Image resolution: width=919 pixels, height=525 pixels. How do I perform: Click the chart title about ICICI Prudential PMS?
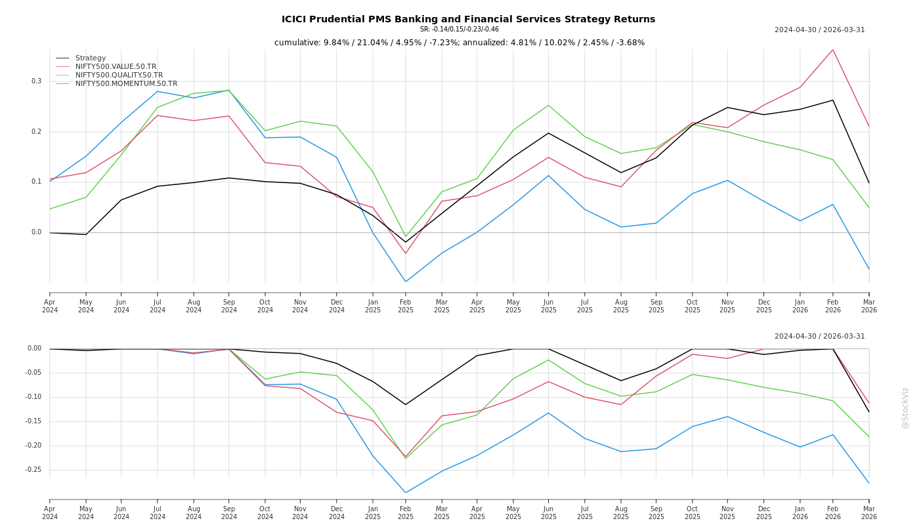[x=468, y=19]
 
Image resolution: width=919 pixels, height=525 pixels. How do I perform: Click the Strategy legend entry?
[x=91, y=58]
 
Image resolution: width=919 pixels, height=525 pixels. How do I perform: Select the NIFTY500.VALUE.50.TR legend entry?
[x=116, y=67]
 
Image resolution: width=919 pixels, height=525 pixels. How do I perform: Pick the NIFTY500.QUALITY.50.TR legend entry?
[x=119, y=75]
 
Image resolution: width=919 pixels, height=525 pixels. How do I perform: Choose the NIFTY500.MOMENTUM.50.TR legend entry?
[x=126, y=84]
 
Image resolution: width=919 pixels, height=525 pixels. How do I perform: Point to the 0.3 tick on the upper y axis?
[x=36, y=81]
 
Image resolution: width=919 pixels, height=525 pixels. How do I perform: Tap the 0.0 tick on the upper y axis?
[x=36, y=232]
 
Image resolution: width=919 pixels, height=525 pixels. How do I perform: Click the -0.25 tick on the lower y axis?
[x=33, y=470]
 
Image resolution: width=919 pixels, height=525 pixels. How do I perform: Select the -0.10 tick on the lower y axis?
[x=33, y=397]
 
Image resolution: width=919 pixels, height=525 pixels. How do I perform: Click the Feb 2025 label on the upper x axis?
[x=406, y=306]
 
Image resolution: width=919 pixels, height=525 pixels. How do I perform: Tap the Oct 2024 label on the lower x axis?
[x=265, y=513]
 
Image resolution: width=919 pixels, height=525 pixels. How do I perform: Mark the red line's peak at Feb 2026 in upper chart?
[x=833, y=50]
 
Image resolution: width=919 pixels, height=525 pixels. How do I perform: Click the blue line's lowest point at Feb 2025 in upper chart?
[x=406, y=282]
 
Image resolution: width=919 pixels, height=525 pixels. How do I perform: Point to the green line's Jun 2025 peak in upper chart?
[x=549, y=105]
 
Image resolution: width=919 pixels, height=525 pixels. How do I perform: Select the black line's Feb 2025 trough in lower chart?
[x=406, y=404]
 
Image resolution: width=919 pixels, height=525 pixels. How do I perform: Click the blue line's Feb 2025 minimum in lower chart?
[x=406, y=493]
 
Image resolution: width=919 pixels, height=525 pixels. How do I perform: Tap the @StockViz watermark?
[x=905, y=408]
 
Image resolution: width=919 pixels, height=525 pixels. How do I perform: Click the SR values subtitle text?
[x=460, y=30]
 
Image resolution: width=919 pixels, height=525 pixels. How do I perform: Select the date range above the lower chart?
[x=819, y=337]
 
